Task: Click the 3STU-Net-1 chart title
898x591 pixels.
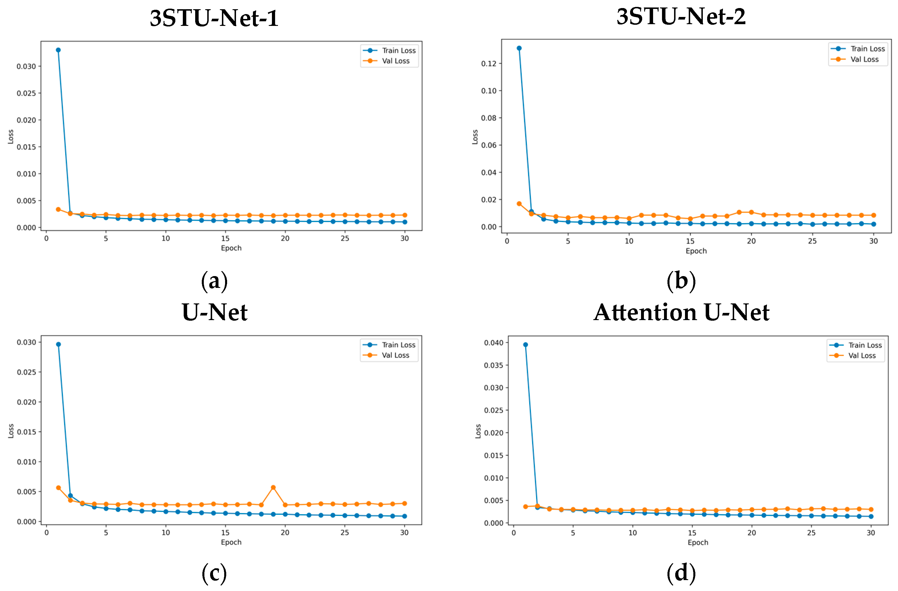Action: [214, 18]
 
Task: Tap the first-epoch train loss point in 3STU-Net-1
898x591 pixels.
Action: [58, 50]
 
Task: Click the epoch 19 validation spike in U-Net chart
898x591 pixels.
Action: [273, 487]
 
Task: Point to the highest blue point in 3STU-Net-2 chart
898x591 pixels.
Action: [519, 48]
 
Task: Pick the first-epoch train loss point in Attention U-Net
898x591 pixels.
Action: [525, 345]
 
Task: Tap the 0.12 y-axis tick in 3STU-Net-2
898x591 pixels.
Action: [489, 63]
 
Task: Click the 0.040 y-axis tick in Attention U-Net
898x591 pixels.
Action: [494, 343]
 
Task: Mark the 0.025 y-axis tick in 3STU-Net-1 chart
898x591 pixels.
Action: [26, 93]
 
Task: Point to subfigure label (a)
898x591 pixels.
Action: [214, 281]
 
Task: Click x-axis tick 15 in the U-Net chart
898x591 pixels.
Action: [225, 533]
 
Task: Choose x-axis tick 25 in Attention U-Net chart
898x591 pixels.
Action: [811, 533]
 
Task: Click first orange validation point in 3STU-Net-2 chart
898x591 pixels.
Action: [519, 204]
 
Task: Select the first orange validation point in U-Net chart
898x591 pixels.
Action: [58, 487]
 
